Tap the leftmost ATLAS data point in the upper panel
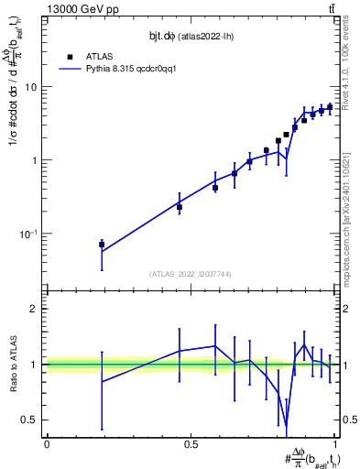pyautogui.click(x=102, y=245)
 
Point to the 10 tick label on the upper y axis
pyautogui.click(x=33, y=88)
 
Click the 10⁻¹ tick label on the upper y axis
pyautogui.click(x=29, y=234)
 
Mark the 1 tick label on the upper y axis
pyautogui.click(x=36, y=161)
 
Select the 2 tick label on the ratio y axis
pyautogui.click(x=35, y=309)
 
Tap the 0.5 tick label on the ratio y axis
pyautogui.click(x=30, y=420)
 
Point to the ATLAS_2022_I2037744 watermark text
pyautogui.click(x=191, y=274)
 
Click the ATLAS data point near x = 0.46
pyautogui.click(x=180, y=207)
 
